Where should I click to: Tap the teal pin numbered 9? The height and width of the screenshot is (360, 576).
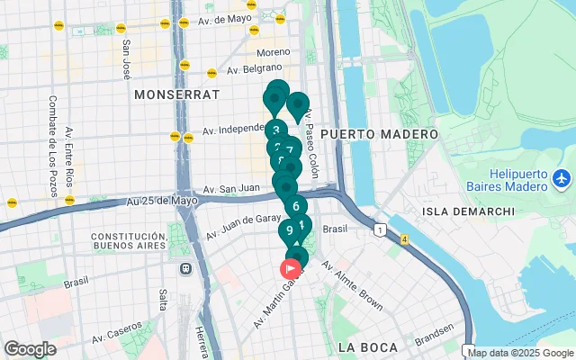click(290, 230)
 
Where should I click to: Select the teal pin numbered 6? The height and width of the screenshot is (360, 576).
click(296, 206)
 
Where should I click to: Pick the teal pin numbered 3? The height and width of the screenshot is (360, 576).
click(275, 130)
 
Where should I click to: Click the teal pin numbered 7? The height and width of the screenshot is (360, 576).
click(290, 149)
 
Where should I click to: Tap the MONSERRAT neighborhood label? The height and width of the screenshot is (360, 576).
click(176, 94)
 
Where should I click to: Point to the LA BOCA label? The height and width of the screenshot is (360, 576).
click(366, 346)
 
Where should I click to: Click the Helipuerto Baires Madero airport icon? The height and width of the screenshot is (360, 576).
click(562, 178)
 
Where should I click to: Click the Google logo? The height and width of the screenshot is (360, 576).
click(30, 349)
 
